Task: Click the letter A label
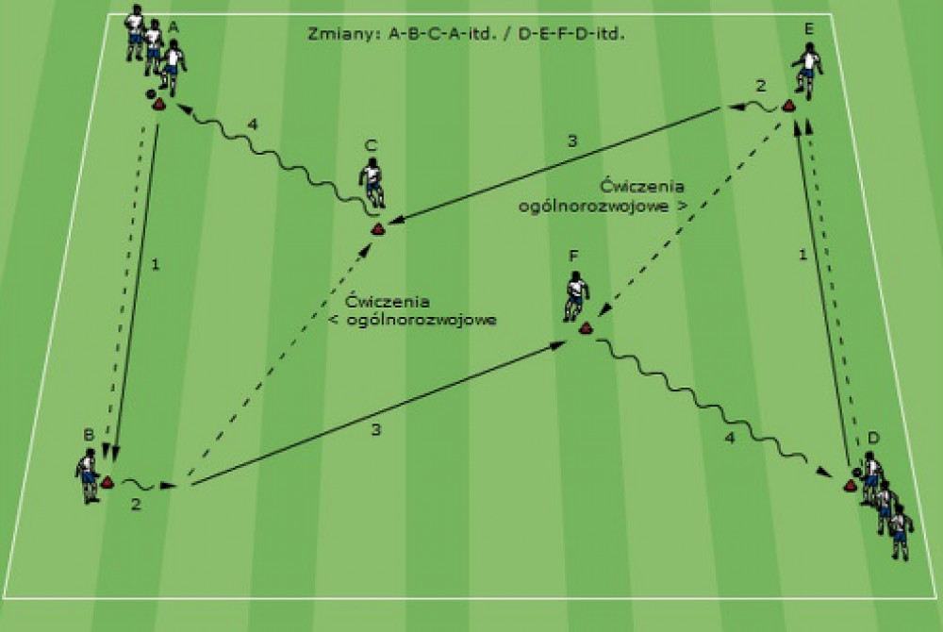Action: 174,26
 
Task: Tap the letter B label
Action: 89,434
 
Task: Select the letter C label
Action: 371,145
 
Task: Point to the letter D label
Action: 873,437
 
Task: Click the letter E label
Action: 809,28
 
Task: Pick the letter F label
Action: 573,257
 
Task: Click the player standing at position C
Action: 372,182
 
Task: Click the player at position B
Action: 88,475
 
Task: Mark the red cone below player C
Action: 378,228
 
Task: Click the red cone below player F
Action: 586,328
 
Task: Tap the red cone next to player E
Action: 787,107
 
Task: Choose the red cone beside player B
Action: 108,481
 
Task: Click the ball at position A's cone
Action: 150,93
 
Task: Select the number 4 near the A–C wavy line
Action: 253,124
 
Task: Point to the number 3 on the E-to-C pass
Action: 572,141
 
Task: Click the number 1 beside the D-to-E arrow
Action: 802,255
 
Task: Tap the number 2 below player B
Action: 136,504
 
